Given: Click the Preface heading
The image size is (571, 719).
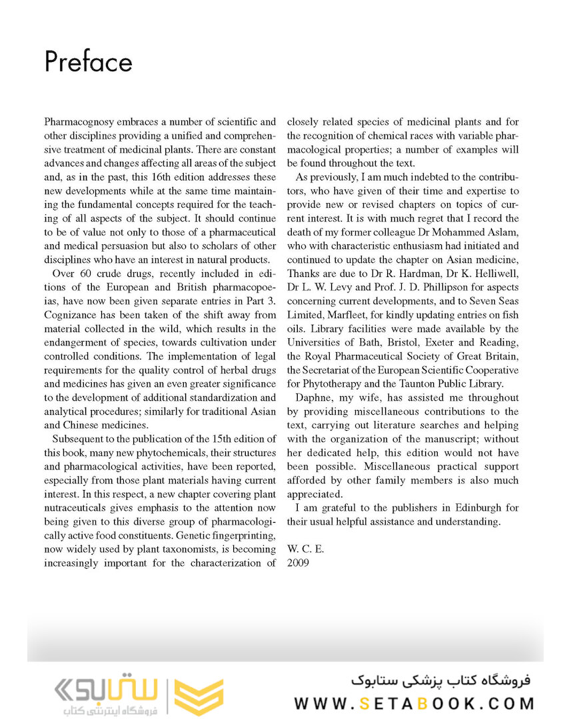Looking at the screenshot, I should coord(88,62).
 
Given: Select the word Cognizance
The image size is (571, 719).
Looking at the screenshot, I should coord(71,315).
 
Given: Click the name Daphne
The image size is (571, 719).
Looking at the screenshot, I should coord(312,398).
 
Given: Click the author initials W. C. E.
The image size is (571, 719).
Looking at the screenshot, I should coord(305,549).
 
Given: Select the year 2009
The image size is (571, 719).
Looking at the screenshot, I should coord(298,563).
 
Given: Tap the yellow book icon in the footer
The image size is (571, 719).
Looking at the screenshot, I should coord(199,696).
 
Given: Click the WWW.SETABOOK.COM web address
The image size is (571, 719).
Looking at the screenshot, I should coord(414,703).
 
